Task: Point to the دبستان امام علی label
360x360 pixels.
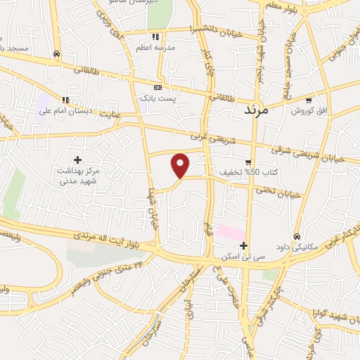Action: coord(65,111)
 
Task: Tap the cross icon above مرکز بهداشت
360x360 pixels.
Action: coord(77,160)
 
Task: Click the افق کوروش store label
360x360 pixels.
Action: coord(309,111)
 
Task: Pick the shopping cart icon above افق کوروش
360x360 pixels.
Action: coord(309,100)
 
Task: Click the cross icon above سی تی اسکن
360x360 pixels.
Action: coord(243,246)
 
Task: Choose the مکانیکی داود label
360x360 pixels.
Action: coord(298,247)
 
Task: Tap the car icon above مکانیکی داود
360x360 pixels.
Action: coord(298,236)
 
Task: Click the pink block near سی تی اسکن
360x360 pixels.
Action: coord(231,232)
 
